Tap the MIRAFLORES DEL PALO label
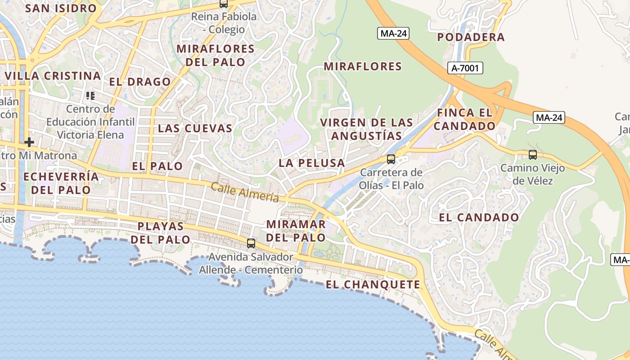(x=216, y=55)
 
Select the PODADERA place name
(x=471, y=37)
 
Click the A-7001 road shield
(x=465, y=68)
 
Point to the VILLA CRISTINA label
(x=52, y=76)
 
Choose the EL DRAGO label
(x=140, y=82)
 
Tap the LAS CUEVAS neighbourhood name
(x=195, y=128)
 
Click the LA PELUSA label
(x=311, y=163)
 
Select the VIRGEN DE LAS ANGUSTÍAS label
(x=366, y=129)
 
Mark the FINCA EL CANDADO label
(x=464, y=119)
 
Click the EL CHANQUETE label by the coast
(x=373, y=284)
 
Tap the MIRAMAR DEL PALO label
(x=296, y=230)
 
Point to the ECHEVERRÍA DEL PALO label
(x=61, y=183)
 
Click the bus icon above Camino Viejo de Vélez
(x=533, y=155)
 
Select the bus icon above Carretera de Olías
(x=391, y=159)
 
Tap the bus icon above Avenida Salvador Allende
(x=251, y=243)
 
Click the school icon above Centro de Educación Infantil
(x=90, y=95)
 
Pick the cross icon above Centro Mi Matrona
(x=29, y=143)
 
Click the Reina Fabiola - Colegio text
(x=224, y=23)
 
